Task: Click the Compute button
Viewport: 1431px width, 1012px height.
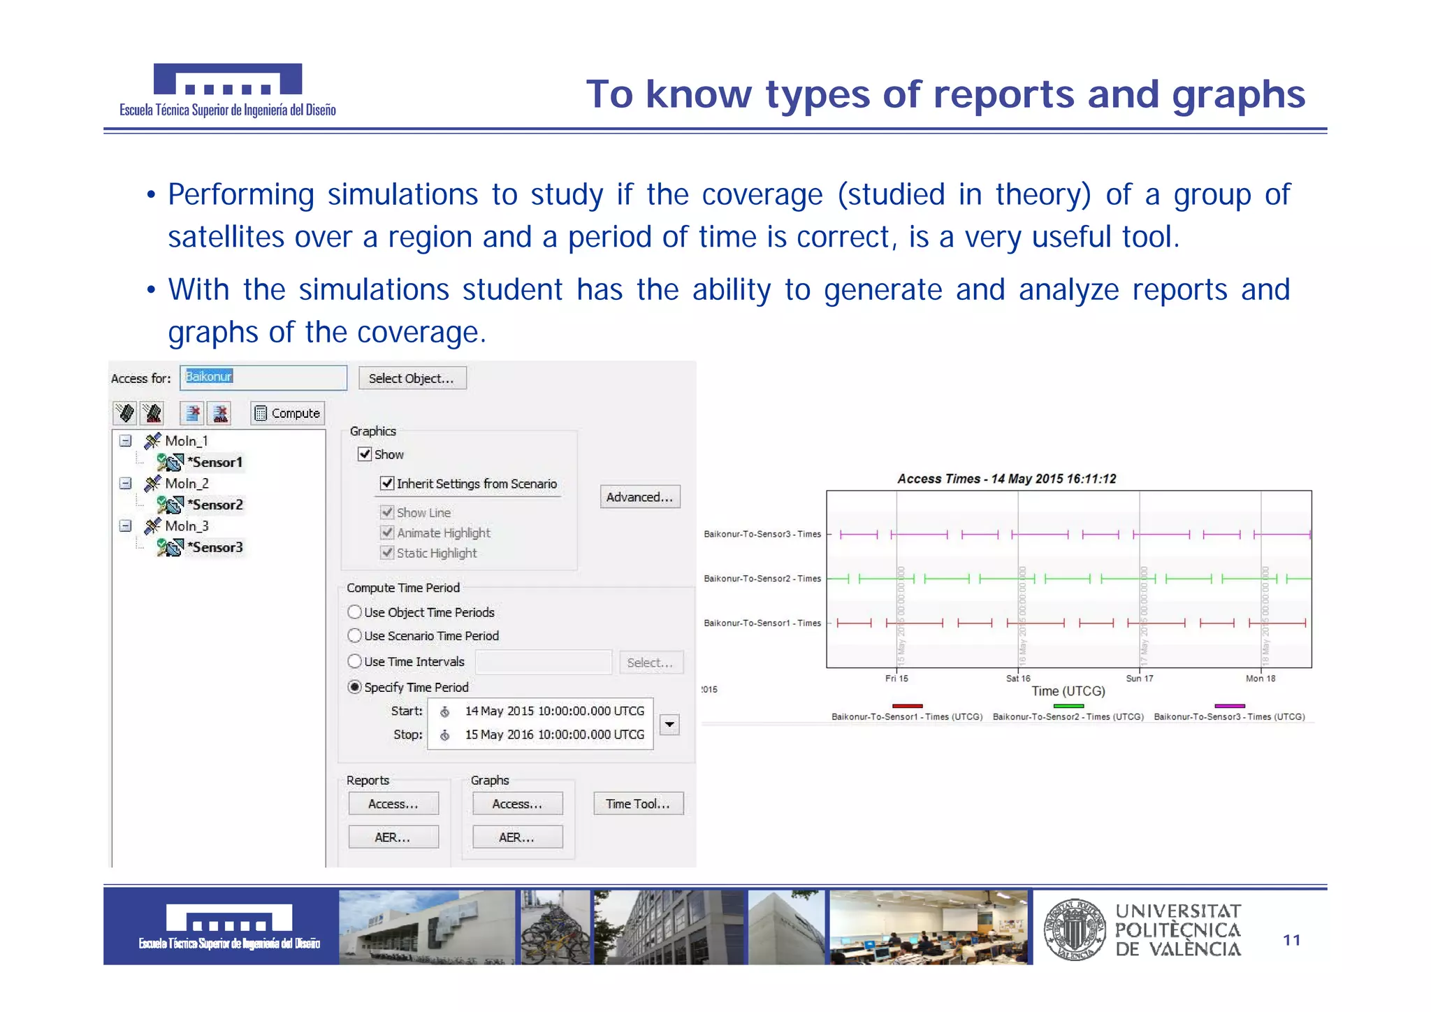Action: [287, 413]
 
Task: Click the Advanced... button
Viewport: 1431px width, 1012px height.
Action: [639, 497]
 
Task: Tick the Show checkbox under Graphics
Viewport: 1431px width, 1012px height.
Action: [365, 454]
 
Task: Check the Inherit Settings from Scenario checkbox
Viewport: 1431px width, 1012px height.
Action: [387, 484]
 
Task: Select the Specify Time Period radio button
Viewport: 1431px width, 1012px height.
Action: [355, 687]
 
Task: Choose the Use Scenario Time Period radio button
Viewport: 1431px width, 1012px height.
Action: [355, 636]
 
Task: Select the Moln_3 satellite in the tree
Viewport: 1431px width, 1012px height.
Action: [186, 526]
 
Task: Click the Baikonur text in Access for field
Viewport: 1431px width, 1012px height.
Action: [208, 377]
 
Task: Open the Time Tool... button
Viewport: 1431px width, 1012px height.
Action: [638, 804]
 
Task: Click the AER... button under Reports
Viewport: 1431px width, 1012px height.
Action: [393, 837]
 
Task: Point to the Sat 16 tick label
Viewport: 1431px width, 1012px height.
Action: [1018, 678]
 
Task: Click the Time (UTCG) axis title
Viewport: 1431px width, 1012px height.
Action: [1068, 691]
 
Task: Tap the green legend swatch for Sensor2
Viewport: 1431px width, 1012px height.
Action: [1068, 706]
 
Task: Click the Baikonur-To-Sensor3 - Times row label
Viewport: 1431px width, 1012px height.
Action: [762, 534]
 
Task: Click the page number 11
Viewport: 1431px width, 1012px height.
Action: [1291, 940]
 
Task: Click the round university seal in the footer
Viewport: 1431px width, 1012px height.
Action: [1075, 929]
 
